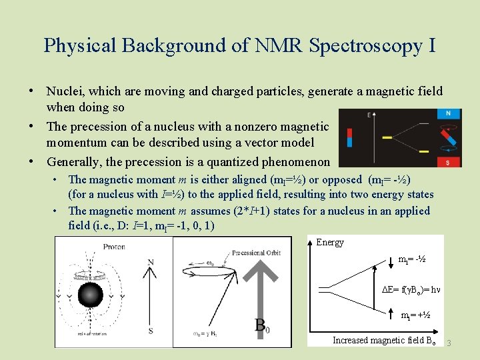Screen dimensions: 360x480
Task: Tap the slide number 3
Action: (x=449, y=343)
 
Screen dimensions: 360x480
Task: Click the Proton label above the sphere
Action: (x=113, y=246)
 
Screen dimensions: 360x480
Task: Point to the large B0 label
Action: (x=262, y=326)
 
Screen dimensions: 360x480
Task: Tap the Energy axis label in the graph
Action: (x=330, y=242)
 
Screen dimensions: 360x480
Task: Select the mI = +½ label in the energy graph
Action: (x=414, y=315)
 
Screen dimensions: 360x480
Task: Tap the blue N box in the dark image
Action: (x=449, y=114)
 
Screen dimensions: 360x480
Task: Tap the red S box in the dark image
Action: (x=449, y=162)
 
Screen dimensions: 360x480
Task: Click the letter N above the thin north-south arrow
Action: (x=151, y=262)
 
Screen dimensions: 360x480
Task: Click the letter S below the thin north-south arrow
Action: (x=151, y=330)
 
